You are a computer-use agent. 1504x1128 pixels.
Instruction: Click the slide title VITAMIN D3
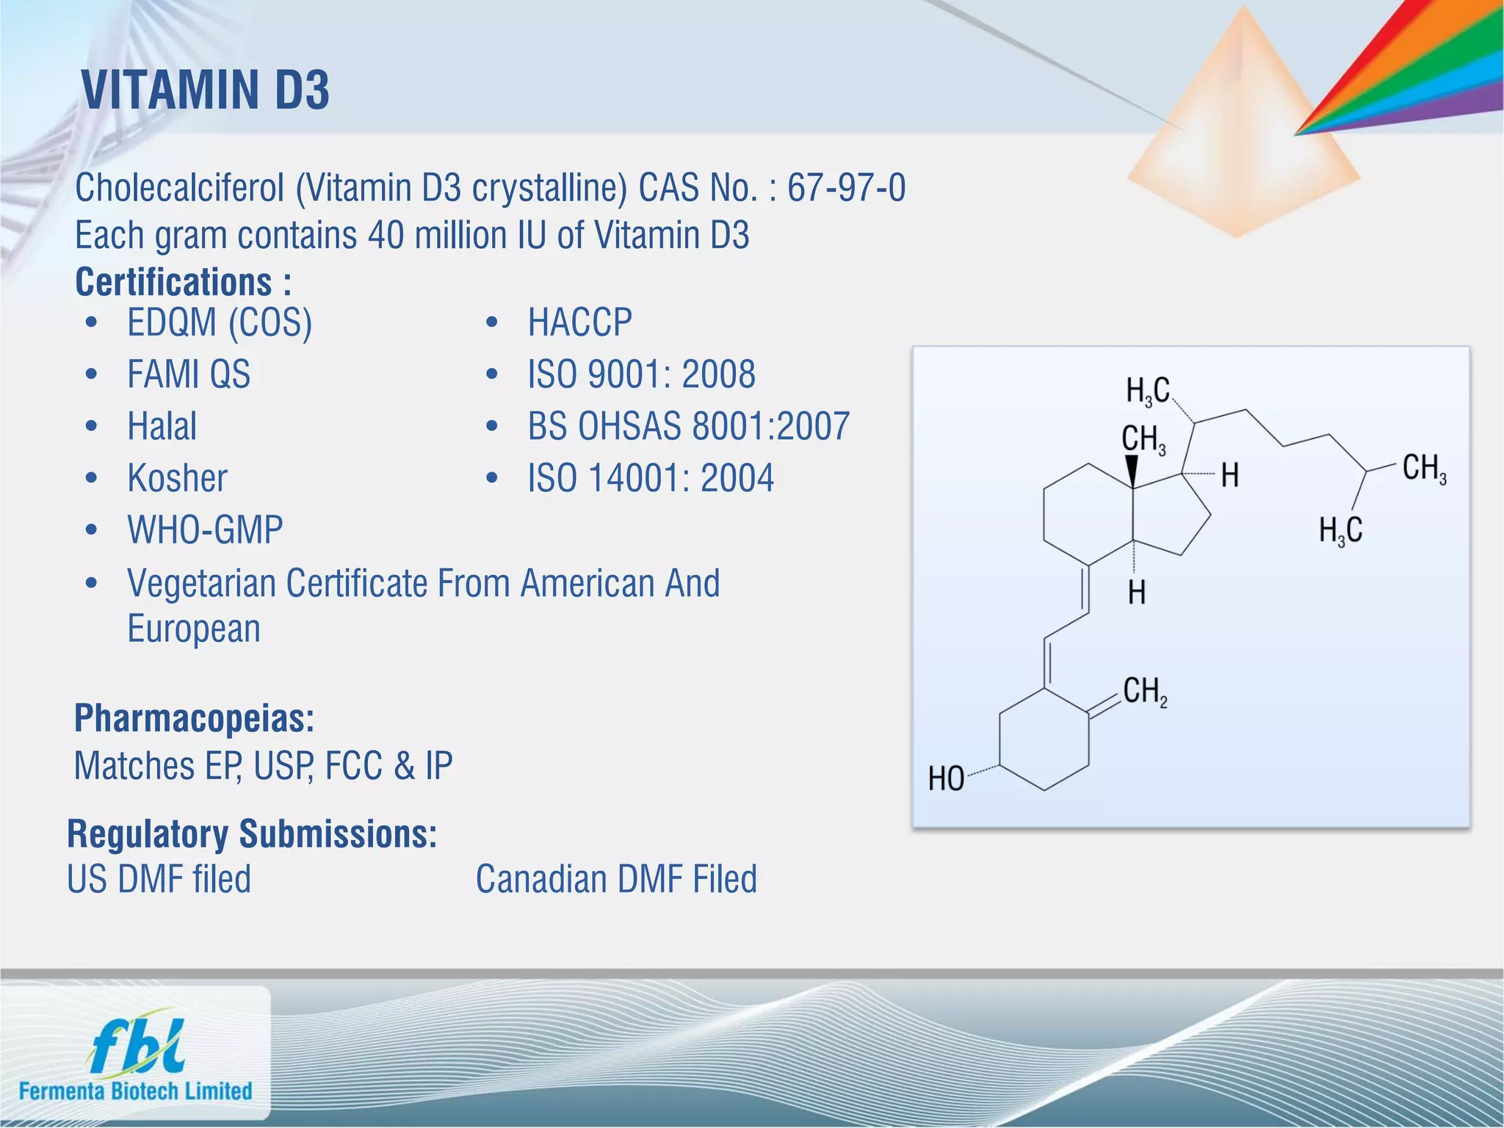coord(206,90)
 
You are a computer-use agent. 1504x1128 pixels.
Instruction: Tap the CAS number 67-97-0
coord(846,188)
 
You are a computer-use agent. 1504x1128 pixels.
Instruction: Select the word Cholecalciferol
coord(179,188)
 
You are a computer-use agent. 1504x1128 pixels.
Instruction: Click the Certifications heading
coord(184,282)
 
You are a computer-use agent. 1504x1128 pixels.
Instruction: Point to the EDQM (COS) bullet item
coord(220,323)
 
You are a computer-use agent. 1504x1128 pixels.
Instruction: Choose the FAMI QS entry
coord(189,375)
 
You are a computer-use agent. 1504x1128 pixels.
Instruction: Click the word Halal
coord(162,427)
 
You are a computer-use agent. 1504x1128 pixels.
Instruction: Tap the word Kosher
coord(177,478)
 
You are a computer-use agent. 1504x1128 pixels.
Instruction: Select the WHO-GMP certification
coord(205,530)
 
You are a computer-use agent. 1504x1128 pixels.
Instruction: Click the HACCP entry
coord(579,323)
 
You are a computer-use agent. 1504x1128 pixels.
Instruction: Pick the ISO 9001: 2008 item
coord(641,375)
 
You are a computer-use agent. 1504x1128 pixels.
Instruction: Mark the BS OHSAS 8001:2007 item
coord(688,427)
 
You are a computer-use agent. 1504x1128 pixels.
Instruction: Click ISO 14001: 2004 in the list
coord(651,478)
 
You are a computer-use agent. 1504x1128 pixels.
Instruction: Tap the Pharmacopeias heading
coord(194,718)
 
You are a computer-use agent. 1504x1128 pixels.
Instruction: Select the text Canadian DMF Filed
coord(616,879)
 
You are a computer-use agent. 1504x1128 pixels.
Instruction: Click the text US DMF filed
coord(159,879)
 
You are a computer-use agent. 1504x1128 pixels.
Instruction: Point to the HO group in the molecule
coord(946,778)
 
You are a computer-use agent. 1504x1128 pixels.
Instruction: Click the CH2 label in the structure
coord(1144,692)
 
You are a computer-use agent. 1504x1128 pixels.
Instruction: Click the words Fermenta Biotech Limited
coord(136,1091)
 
